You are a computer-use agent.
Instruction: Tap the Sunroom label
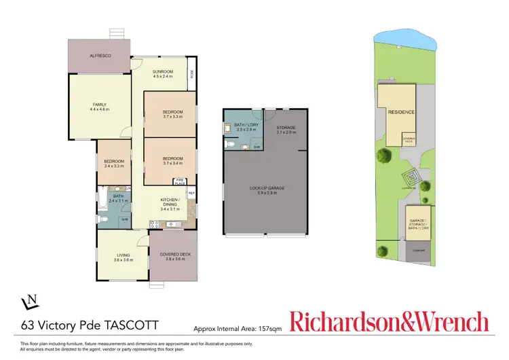162,71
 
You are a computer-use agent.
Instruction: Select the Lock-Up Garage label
267,190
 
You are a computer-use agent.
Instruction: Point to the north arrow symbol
29,300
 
